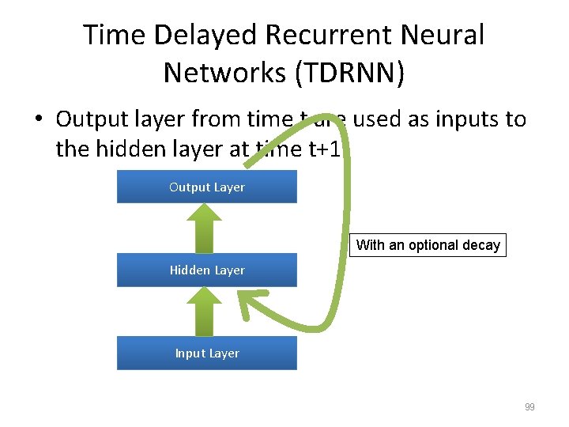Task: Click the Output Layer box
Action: click(x=207, y=187)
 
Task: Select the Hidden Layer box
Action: click(x=207, y=270)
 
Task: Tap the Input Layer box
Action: click(x=207, y=353)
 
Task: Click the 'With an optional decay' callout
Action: click(x=428, y=245)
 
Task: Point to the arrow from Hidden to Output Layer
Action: click(x=207, y=228)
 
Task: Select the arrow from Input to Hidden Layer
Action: click(x=207, y=311)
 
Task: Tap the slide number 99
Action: click(x=529, y=407)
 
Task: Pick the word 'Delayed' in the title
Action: click(x=209, y=36)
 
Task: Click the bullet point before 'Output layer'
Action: click(x=37, y=120)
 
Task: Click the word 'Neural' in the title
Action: click(x=446, y=36)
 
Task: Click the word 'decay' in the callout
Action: click(x=481, y=245)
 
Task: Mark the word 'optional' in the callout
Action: click(x=435, y=245)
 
